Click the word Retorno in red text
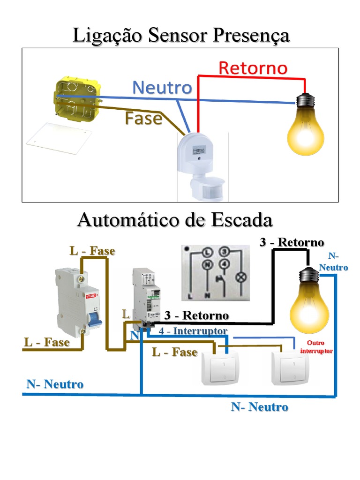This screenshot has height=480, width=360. click(253, 68)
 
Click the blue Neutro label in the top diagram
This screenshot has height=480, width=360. click(162, 88)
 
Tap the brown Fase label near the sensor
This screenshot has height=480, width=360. click(143, 119)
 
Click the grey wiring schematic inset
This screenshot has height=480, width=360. click(215, 272)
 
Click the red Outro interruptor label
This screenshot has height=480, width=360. click(316, 347)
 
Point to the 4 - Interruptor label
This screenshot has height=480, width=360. click(193, 331)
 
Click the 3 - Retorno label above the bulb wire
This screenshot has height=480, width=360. click(292, 242)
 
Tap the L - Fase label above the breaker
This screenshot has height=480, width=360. click(92, 251)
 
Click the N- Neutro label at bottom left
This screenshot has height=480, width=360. click(55, 384)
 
